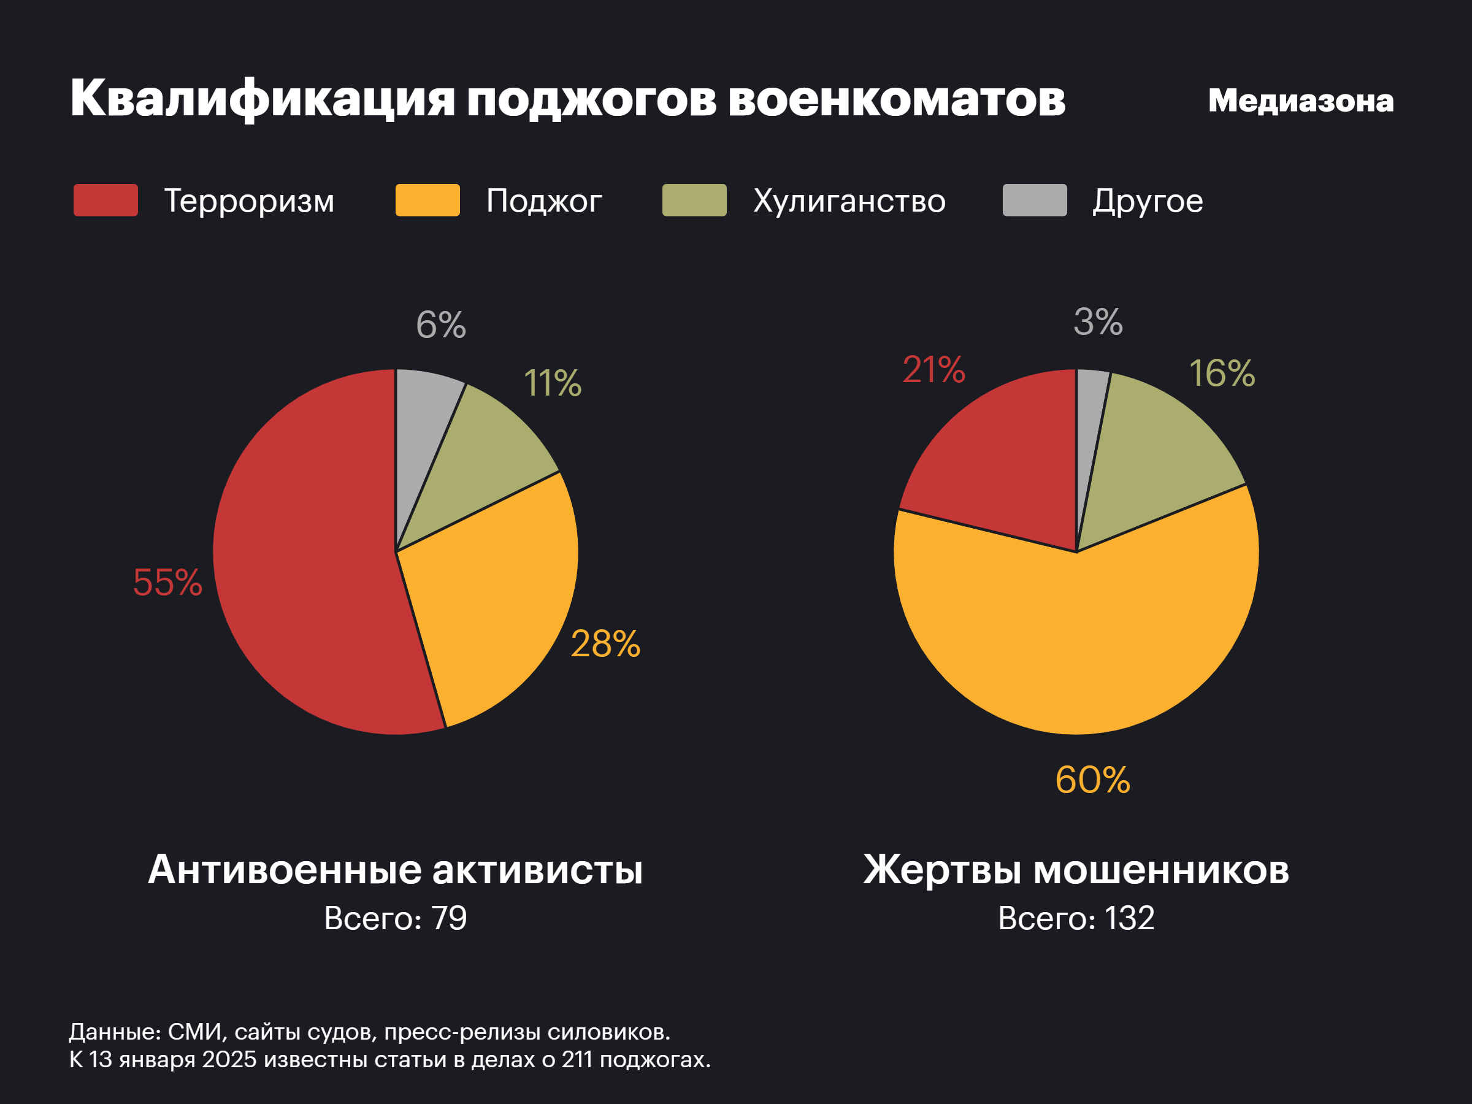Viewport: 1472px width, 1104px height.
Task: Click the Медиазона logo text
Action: point(1300,101)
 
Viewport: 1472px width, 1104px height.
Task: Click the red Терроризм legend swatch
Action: point(106,201)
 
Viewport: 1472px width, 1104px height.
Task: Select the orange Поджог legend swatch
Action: point(427,201)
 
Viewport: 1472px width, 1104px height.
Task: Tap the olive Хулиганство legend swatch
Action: point(694,201)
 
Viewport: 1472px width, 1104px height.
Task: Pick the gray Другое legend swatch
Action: point(1035,201)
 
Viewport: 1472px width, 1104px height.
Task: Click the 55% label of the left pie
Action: point(167,582)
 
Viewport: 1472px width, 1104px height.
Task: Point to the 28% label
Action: point(605,644)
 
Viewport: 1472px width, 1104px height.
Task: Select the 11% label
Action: point(553,383)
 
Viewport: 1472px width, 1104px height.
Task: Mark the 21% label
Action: point(933,370)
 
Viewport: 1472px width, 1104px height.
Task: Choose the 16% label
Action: point(1222,374)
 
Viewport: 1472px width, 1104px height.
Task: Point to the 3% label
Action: point(1098,322)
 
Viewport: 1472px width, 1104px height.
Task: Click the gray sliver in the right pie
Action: point(1090,413)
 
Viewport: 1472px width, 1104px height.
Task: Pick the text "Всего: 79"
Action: point(395,918)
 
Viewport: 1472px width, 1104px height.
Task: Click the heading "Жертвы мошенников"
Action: point(1076,869)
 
